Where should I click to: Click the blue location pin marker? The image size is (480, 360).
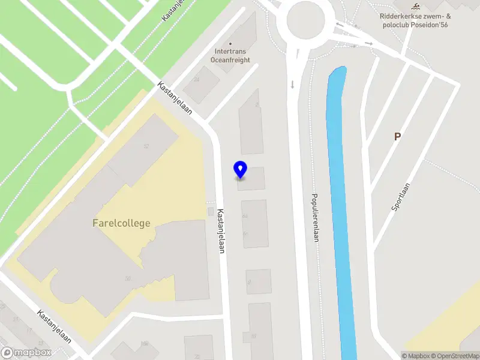pos(240,169)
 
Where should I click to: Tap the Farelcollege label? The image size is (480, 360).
pos(121,223)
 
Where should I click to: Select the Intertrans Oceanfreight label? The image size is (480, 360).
pos(232,55)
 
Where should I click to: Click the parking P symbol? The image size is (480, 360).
pos(397,137)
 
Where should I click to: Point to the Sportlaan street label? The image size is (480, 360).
pos(400,196)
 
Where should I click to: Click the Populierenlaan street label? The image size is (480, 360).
pos(314,217)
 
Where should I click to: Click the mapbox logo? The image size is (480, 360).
pos(26,352)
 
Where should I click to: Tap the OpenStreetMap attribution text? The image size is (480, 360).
pos(453,356)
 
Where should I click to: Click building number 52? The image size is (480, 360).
pos(146,146)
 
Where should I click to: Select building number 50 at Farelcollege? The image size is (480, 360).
pos(127,278)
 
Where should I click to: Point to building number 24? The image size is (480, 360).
pos(196,78)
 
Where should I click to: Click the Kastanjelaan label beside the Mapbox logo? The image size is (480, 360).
pos(53,326)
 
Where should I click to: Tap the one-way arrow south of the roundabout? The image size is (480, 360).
pos(292,84)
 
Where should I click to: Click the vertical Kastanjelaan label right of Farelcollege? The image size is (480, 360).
pos(221,231)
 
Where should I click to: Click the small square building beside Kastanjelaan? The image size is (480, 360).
pos(210,211)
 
